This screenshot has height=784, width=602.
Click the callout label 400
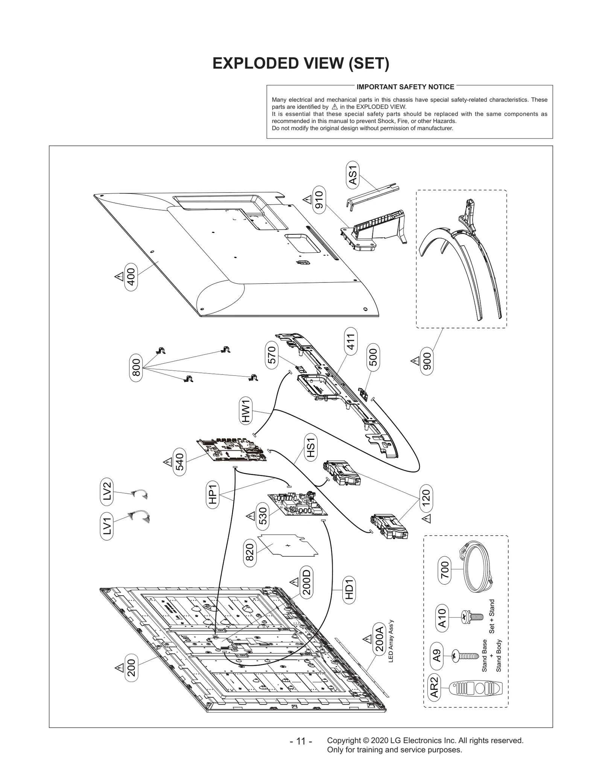coord(131,277)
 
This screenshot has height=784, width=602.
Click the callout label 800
coord(136,368)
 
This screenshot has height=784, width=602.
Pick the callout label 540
coord(180,462)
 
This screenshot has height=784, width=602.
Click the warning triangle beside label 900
coord(415,361)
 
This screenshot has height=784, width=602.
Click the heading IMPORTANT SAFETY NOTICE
coord(405,87)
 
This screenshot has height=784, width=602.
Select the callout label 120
coord(426,497)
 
